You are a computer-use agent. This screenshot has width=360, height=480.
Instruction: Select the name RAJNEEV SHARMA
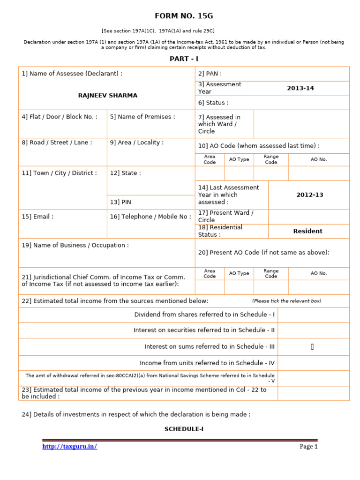click(107, 95)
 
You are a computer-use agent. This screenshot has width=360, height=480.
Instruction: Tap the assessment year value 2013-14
click(300, 88)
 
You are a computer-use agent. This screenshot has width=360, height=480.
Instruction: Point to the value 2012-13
click(309, 195)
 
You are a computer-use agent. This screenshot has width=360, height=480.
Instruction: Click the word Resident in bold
click(307, 231)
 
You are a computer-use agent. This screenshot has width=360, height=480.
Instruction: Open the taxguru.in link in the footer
click(69, 446)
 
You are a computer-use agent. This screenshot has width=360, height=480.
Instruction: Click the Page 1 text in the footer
click(308, 446)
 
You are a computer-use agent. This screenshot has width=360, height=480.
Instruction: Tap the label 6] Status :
click(213, 103)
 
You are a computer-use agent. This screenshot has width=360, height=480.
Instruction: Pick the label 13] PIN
click(120, 202)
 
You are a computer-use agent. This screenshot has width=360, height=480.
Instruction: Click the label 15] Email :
click(37, 217)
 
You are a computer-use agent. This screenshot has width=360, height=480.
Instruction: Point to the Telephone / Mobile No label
click(150, 217)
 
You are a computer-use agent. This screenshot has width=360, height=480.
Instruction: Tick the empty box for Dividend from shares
click(313, 315)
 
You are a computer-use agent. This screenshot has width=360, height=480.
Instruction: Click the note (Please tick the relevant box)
click(286, 301)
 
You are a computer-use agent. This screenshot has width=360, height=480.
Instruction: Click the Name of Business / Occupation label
click(75, 245)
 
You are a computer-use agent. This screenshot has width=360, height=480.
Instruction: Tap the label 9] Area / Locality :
click(136, 142)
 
